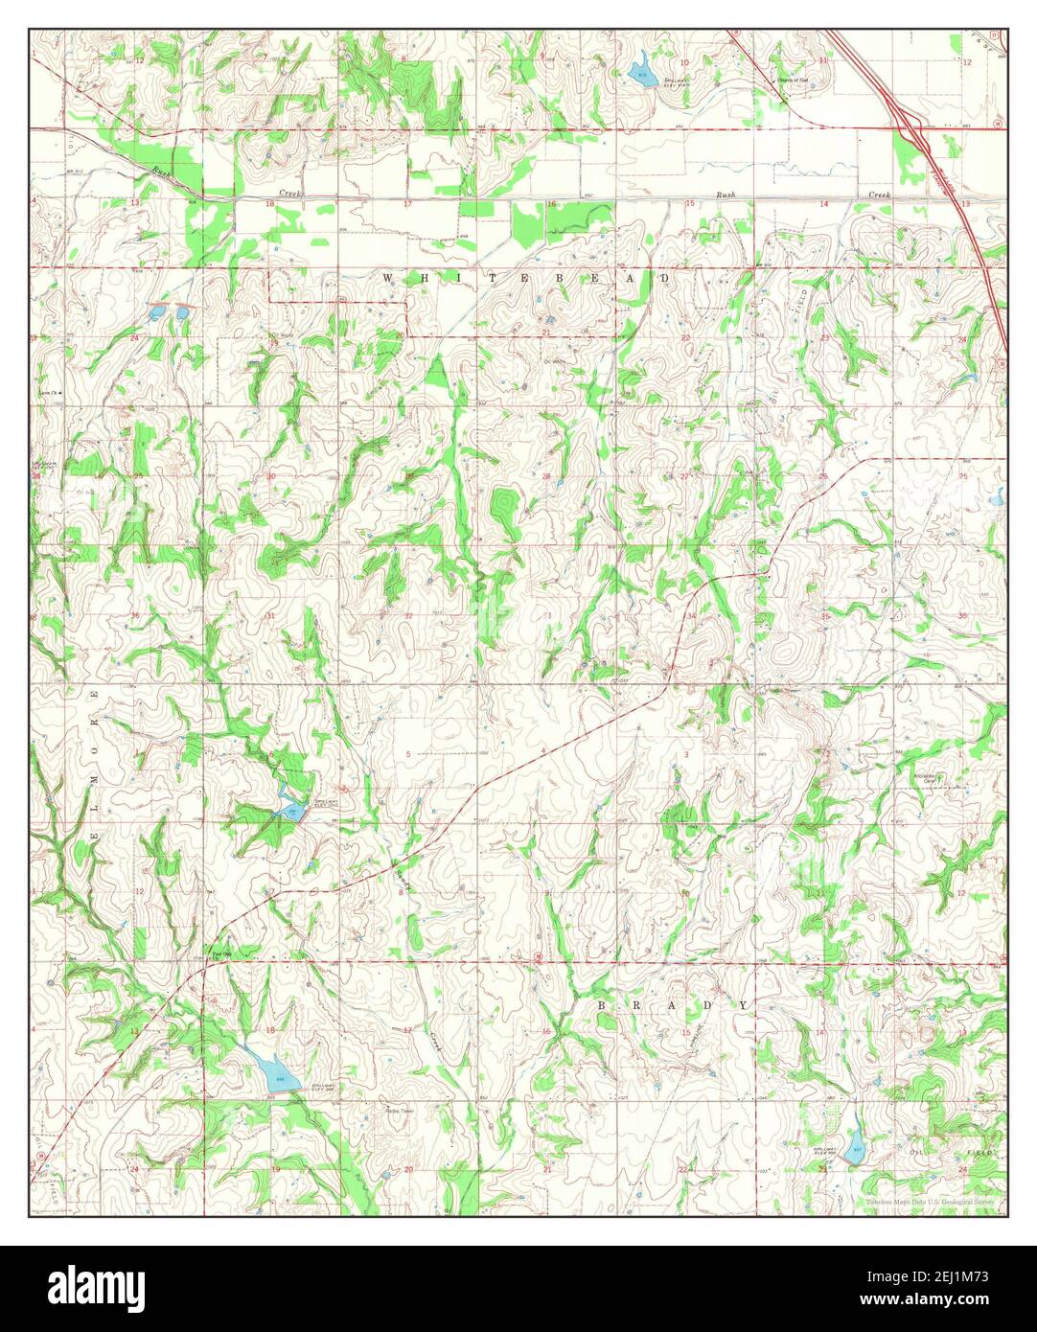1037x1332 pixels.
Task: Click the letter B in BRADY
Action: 604,1004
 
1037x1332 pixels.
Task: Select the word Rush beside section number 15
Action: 726,195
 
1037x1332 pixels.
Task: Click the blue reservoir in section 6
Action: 290,811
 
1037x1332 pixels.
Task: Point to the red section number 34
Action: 691,615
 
